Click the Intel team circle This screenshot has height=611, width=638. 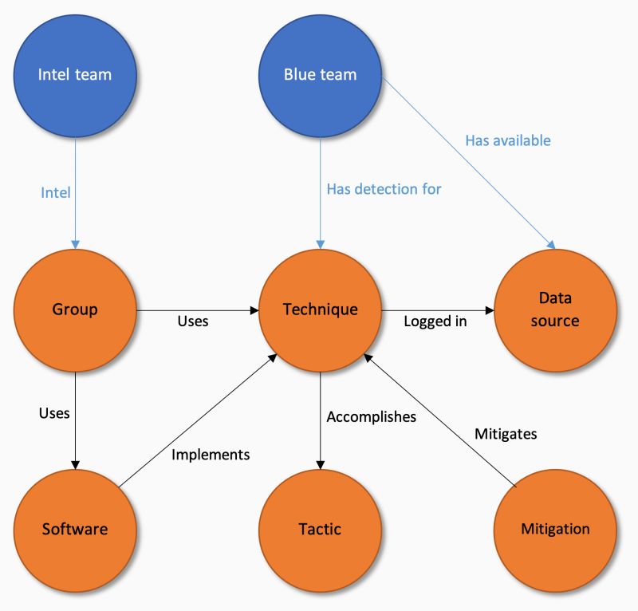(75, 75)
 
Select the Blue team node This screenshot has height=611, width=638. (320, 75)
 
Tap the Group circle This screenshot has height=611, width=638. (75, 309)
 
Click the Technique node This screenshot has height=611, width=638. (320, 309)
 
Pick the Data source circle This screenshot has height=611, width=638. (556, 309)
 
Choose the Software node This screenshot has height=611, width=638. (75, 529)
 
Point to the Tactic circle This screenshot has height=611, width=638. (320, 529)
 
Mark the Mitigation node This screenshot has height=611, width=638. (556, 529)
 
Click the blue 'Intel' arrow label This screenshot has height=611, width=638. (56, 192)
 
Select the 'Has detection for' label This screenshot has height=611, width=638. (384, 189)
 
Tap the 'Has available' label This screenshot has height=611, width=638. (508, 140)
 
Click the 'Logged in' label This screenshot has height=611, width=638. (435, 321)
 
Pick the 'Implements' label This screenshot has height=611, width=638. (211, 455)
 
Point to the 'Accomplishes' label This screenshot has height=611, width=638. (372, 416)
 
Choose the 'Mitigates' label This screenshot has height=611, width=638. (506, 435)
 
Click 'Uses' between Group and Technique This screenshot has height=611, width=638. (192, 321)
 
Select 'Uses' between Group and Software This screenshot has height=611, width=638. (54, 413)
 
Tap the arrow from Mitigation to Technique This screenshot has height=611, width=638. (447, 424)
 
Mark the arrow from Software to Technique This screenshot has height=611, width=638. (199, 420)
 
